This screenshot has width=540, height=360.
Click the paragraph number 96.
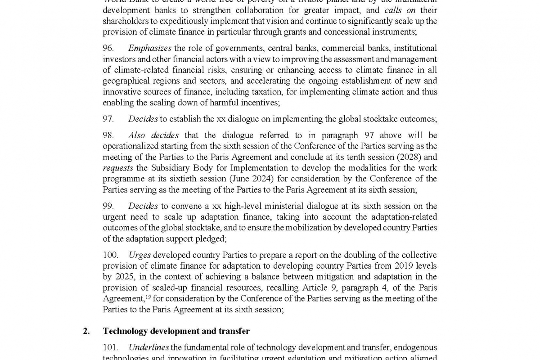pyautogui.click(x=108, y=48)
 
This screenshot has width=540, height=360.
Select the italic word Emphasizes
pyautogui.click(x=149, y=48)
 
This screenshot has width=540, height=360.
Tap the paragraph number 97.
pyautogui.click(x=108, y=119)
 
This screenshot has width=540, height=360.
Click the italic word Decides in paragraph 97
pyautogui.click(x=143, y=119)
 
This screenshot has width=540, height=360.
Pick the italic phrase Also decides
pyautogui.click(x=153, y=135)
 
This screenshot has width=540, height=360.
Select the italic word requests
pyautogui.click(x=117, y=168)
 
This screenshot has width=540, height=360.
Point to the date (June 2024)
pyautogui.click(x=253, y=179)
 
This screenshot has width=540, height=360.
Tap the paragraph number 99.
pyautogui.click(x=108, y=206)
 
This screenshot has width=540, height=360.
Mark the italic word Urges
pyautogui.click(x=139, y=255)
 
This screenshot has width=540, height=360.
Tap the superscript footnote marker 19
pyautogui.click(x=148, y=297)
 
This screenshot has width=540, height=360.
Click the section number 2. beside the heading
pyautogui.click(x=86, y=331)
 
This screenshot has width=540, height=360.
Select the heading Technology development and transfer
pyautogui.click(x=176, y=331)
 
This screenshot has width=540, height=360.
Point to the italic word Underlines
pyautogui.click(x=148, y=347)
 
